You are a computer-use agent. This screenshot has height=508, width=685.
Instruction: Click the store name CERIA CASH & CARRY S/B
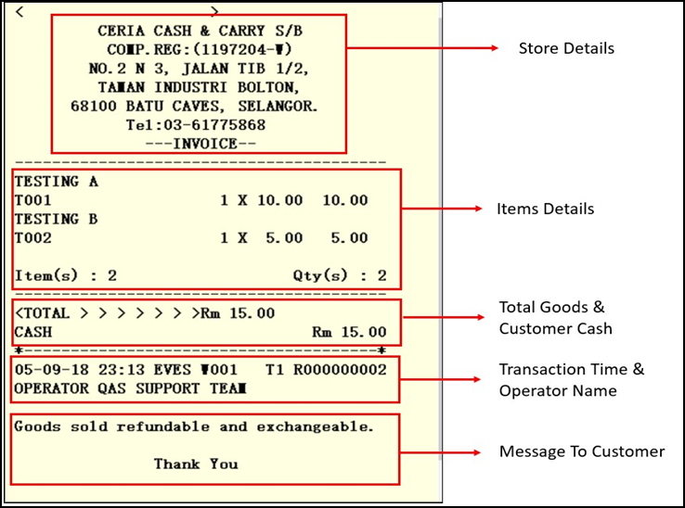200,32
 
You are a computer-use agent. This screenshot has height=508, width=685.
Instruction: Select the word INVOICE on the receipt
200,144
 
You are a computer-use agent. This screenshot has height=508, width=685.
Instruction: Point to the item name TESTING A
56,182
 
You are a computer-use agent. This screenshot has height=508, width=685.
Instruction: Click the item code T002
32,238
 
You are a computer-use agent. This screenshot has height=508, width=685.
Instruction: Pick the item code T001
32,200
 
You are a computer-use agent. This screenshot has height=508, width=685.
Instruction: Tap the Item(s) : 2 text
65,276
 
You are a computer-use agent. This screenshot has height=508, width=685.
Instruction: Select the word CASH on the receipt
33,332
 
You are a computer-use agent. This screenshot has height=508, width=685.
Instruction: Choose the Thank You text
196,464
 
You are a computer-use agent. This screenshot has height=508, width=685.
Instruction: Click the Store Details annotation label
566,48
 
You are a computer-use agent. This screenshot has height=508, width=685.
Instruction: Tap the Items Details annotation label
545,209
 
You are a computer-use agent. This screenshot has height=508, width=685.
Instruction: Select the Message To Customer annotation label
581,451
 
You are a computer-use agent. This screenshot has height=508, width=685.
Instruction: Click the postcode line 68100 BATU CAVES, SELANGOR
194,107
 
